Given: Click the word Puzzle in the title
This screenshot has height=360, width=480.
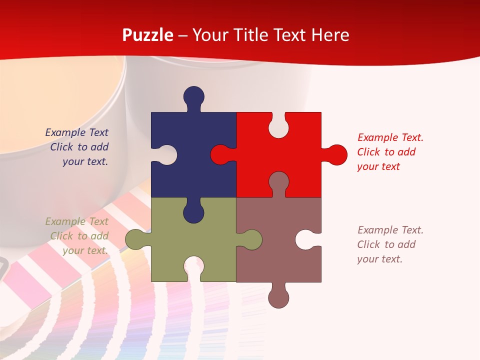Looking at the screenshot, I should [148, 35].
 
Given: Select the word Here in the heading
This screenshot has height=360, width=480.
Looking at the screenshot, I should [329, 35].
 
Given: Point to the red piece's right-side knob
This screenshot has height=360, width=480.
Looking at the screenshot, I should [336, 154].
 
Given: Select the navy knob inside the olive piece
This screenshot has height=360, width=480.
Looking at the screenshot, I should [193, 212].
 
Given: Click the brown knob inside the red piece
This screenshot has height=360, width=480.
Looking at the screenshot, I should [278, 182].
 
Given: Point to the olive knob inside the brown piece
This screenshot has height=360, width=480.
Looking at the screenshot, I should [251, 239].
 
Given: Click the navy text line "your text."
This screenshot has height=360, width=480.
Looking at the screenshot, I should [85, 161].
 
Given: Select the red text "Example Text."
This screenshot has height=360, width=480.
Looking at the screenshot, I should [390, 137].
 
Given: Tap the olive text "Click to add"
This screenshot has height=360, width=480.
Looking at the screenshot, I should [79, 236].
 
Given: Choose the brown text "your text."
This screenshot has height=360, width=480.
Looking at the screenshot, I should [379, 259].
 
